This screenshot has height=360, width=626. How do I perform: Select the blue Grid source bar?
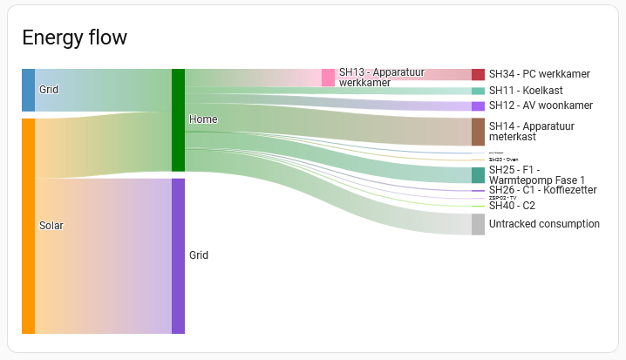(28, 90)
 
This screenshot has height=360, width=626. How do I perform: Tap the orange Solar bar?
(28, 225)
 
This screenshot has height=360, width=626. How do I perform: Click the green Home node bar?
(178, 119)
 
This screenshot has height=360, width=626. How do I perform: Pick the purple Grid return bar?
(178, 255)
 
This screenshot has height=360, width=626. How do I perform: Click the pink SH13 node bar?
(328, 78)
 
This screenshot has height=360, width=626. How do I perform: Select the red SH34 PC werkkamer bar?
(478, 75)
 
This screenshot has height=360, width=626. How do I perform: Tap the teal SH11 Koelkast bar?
(478, 91)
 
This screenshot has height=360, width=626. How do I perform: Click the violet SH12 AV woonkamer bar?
(478, 105)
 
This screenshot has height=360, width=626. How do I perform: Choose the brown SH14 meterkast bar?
(478, 132)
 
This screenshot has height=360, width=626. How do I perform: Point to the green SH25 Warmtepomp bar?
(478, 174)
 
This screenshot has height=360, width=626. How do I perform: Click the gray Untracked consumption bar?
(478, 224)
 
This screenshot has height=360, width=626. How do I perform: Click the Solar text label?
(51, 226)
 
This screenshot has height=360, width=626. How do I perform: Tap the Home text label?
(203, 119)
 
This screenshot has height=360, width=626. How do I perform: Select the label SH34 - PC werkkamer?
(539, 75)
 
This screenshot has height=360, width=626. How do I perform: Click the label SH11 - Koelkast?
(526, 91)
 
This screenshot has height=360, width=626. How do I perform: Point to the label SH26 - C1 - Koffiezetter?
(542, 190)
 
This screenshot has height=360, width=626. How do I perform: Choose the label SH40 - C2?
(512, 206)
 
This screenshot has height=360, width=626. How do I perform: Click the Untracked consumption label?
(544, 224)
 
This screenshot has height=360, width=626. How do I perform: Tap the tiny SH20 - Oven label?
(503, 160)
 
